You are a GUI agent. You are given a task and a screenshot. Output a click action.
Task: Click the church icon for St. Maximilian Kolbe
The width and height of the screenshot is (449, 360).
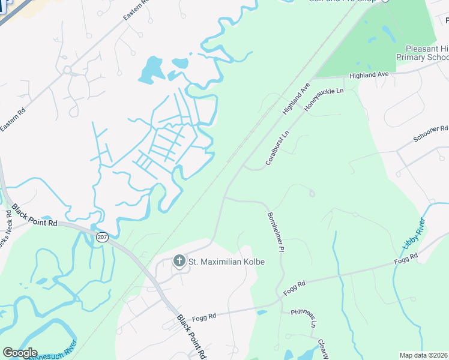coord(178,261)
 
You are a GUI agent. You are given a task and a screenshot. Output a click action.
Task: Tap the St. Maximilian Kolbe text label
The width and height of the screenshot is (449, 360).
coord(227,262)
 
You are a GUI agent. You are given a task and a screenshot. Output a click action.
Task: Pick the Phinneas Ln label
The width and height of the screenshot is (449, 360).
coord(304,316)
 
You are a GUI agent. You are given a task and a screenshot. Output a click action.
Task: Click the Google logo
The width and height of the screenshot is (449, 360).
coord(20,353)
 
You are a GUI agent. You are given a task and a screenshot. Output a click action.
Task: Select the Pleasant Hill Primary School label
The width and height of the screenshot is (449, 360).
coord(423,53)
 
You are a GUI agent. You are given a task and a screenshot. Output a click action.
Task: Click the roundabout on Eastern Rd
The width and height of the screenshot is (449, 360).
coord(67,70)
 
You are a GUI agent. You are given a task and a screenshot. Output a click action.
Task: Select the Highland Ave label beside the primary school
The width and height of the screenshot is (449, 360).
coord(370,74)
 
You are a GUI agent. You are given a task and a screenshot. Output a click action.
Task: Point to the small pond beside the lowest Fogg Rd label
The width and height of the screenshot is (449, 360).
coord(261,312)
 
